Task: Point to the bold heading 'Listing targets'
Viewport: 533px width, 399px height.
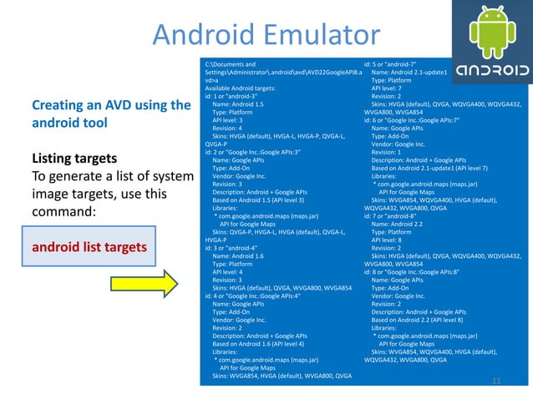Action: coord(74,158)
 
